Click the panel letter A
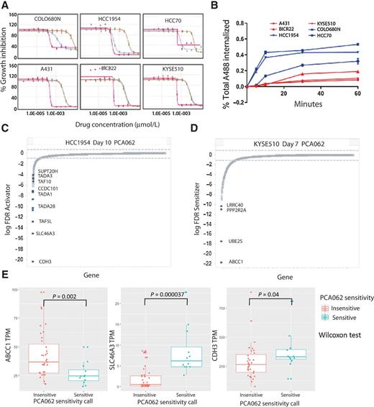pyautogui.click(x=5, y=6)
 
